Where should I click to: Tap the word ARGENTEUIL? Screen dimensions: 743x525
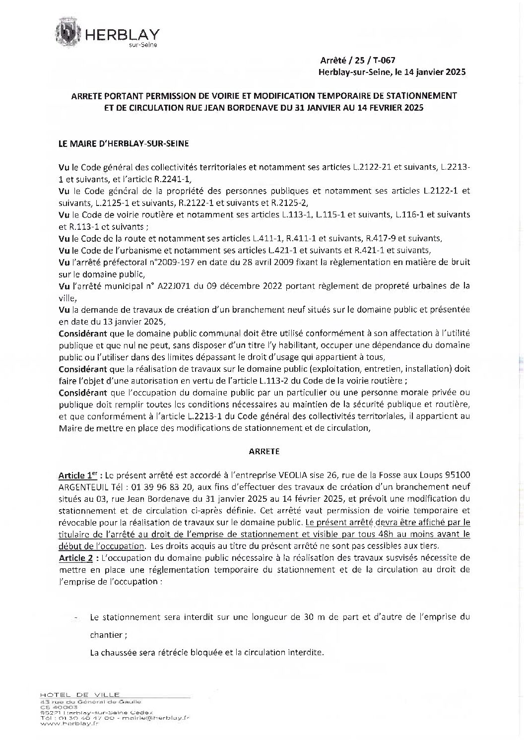pos(82,486)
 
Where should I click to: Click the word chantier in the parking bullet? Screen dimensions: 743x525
pos(107,634)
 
